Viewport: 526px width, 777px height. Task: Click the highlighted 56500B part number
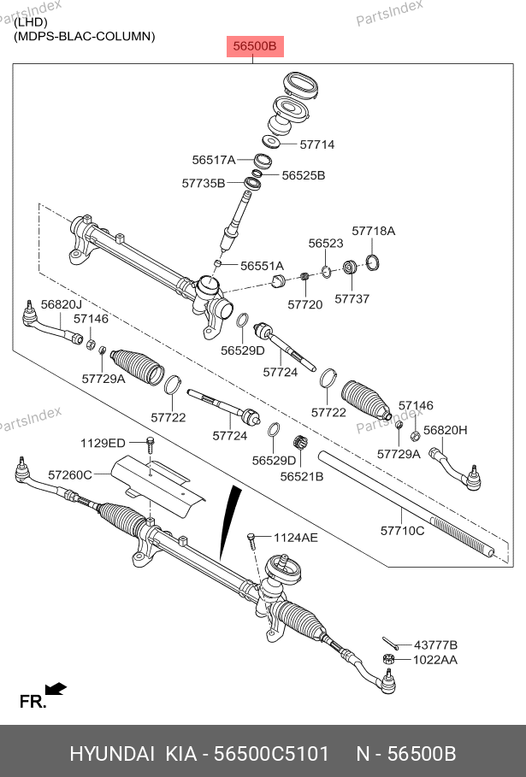point(254,46)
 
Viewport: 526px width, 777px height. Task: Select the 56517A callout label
point(214,160)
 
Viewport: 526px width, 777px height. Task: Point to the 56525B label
point(304,175)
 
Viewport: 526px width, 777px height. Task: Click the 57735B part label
point(204,183)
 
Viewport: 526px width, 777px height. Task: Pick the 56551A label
point(262,266)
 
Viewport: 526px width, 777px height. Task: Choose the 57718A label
point(374,231)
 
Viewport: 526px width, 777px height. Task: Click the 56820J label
point(62,304)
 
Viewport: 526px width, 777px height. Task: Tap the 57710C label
point(402,531)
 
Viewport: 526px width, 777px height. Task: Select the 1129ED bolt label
point(103,443)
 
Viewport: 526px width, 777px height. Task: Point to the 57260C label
point(69,474)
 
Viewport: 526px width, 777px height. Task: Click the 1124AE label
point(295,538)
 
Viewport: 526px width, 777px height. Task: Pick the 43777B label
point(435,645)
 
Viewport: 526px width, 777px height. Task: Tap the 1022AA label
point(435,660)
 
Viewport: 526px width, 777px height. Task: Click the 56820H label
point(446,430)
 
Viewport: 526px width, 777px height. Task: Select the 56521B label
point(302,476)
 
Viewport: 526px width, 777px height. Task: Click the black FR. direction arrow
point(56,688)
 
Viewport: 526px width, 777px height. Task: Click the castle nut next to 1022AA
point(386,660)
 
